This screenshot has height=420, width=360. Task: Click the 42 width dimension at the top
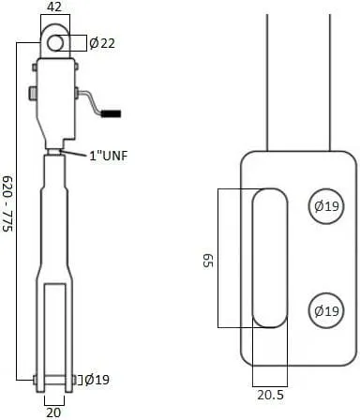[x=54, y=7]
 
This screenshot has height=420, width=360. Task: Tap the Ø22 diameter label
[x=102, y=43]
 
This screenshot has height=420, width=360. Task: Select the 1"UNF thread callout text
[x=109, y=156]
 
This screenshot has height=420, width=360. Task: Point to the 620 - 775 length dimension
[x=7, y=203]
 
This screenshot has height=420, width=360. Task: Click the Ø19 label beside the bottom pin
[x=97, y=380]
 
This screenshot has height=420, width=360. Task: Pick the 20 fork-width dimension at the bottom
[x=53, y=412]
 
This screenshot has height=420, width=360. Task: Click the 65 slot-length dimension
[x=208, y=261]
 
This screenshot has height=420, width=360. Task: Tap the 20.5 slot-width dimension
[x=270, y=395]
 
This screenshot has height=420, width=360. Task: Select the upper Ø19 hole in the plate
[x=326, y=206]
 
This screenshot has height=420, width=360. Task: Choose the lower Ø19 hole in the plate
[x=326, y=310]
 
